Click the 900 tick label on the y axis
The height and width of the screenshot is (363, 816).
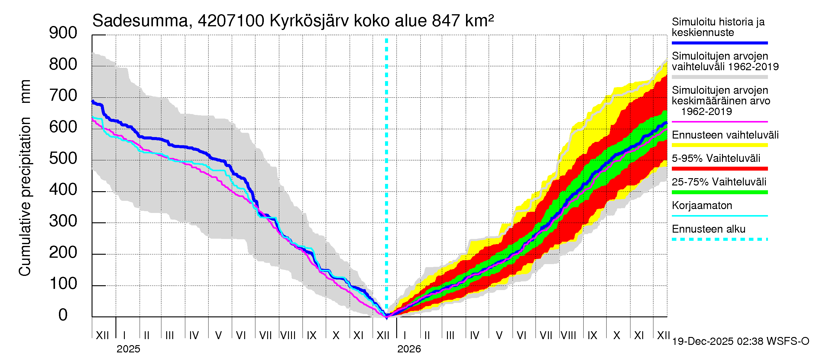click(63, 33)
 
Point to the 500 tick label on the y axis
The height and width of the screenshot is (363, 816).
click(63, 158)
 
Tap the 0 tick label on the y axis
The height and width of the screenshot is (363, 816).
click(63, 315)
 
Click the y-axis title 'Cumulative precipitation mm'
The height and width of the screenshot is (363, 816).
click(25, 178)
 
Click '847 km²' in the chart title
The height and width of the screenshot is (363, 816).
click(462, 21)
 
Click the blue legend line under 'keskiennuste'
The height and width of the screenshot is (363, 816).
click(719, 43)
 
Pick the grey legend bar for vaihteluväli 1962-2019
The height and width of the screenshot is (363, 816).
click(719, 77)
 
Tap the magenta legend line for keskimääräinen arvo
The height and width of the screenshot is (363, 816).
click(719, 122)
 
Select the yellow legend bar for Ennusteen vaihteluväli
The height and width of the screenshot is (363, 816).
click(719, 145)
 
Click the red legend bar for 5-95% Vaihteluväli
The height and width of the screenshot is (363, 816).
click(719, 169)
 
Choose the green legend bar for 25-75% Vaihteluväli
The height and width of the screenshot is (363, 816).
click(719, 192)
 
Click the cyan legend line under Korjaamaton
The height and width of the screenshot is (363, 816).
click(719, 216)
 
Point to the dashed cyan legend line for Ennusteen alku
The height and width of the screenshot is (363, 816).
click(719, 239)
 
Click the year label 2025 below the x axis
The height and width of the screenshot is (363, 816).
click(128, 349)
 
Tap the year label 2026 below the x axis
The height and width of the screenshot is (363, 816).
click(409, 349)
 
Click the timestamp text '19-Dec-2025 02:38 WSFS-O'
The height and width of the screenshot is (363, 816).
click(740, 342)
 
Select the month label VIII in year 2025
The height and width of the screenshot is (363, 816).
click(288, 335)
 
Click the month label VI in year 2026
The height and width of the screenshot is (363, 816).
click(521, 335)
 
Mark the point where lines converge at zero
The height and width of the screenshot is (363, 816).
click(387, 316)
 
